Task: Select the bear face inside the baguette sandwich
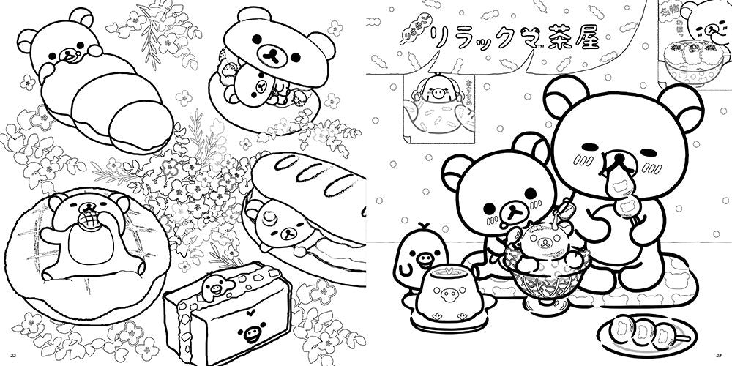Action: click(281, 223)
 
